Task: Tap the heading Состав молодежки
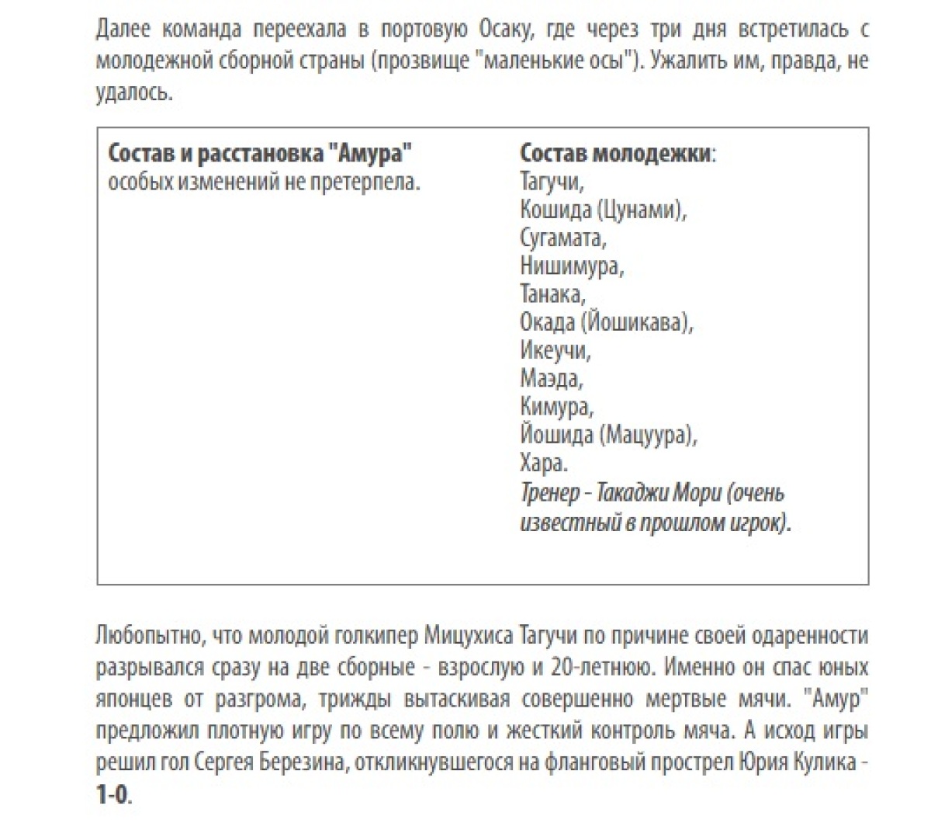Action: pyautogui.click(x=614, y=153)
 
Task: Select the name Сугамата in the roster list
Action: pyautogui.click(x=561, y=238)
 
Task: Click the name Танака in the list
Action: pyautogui.click(x=551, y=294)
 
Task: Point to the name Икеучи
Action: pyautogui.click(x=553, y=350)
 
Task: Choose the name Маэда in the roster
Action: pyautogui.click(x=549, y=378)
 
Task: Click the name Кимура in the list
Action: pyautogui.click(x=555, y=406)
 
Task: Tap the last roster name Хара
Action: pyautogui.click(x=542, y=463)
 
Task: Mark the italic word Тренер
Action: pyautogui.click(x=549, y=492)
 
